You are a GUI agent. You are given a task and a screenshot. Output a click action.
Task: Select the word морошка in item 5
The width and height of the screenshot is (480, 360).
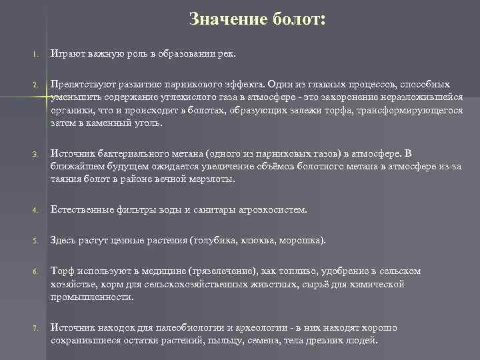pyautogui.click(x=302, y=239)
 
